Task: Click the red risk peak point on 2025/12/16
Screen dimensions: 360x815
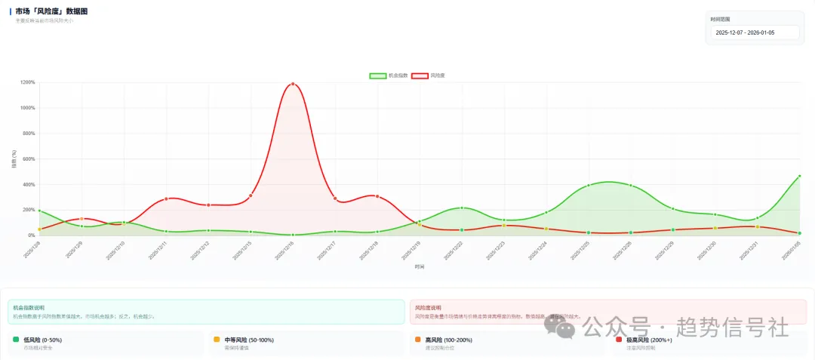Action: tap(293, 84)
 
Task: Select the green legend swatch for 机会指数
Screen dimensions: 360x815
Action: tap(377, 75)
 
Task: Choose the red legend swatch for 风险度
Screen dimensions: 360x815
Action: tap(420, 75)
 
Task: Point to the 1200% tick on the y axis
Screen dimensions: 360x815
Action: tap(28, 82)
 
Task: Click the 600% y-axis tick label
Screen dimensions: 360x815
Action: tap(29, 158)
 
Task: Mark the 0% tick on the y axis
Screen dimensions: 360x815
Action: tap(31, 235)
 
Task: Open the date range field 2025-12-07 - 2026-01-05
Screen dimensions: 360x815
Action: tap(755, 32)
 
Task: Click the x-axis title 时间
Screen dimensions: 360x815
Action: tap(419, 266)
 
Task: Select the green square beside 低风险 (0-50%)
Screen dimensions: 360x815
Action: tap(16, 340)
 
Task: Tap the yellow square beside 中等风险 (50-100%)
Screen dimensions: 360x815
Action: tap(217, 340)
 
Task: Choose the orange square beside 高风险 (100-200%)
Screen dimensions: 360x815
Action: tap(417, 340)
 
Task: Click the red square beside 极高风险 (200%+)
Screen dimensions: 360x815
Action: tap(619, 340)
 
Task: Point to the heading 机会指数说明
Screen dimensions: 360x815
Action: tap(29, 308)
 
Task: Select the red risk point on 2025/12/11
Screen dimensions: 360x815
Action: tap(166, 198)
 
